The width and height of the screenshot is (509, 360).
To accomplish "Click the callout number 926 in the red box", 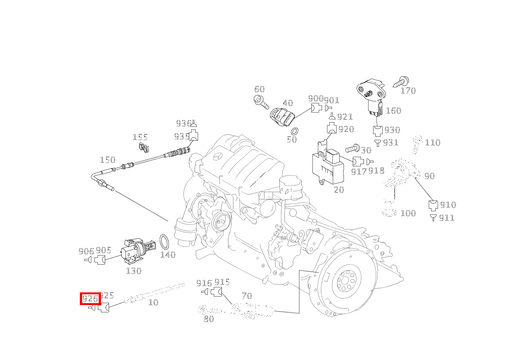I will pyautogui.click(x=90, y=299).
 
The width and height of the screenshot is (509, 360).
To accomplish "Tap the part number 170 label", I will pyautogui.click(x=408, y=91).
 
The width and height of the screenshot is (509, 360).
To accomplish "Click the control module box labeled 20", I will pyautogui.click(x=327, y=165).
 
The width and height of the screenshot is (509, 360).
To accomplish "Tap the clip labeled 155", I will pyautogui.click(x=144, y=146).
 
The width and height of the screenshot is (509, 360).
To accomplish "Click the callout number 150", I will pyautogui.click(x=107, y=160).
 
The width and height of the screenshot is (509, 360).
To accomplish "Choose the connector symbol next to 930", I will pyautogui.click(x=378, y=131).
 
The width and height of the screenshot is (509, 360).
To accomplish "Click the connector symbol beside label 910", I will pyautogui.click(x=433, y=205).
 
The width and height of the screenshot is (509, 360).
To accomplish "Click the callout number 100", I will pyautogui.click(x=408, y=213).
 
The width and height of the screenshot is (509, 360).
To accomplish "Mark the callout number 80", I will pyautogui.click(x=209, y=319).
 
